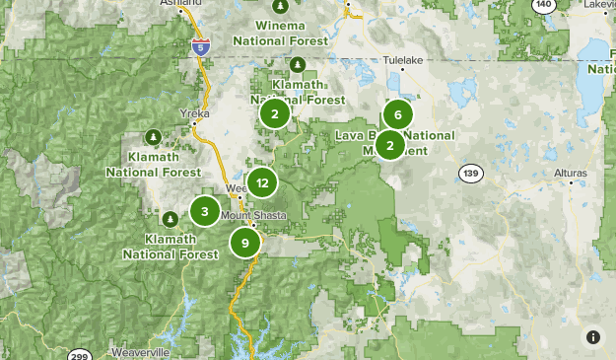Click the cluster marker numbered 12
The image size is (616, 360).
point(261,182)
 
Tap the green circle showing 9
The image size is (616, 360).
point(244,242)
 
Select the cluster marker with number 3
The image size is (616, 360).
point(204,210)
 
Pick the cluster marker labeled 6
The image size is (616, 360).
point(397,114)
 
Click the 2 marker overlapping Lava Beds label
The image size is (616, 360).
point(390,146)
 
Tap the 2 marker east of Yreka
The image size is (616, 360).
point(274,113)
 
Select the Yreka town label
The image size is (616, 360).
point(195,113)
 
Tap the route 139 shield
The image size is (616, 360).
point(469,173)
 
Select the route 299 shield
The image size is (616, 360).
point(80,355)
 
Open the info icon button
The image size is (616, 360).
point(593,337)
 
